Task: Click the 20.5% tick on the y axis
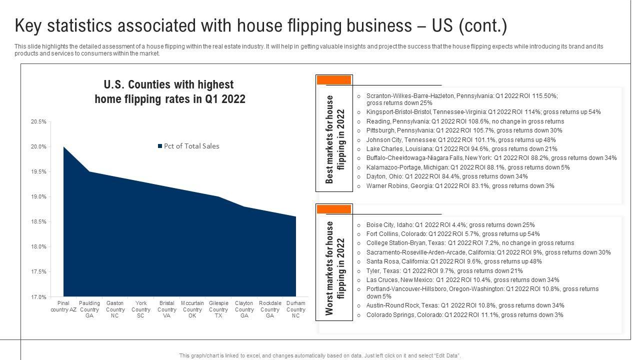point(38,121)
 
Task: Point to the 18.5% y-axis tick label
point(38,221)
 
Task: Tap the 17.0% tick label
point(38,297)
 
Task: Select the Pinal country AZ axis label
point(63,306)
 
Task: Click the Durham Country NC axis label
point(296,309)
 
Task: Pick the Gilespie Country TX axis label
point(218,309)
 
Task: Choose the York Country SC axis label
point(141,309)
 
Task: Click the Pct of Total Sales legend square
point(160,146)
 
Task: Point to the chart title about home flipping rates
point(169,91)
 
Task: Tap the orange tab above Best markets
point(334,80)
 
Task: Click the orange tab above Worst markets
point(334,209)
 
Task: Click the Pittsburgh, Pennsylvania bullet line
point(457,130)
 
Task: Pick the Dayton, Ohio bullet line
point(446,176)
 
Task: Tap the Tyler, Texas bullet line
point(444,271)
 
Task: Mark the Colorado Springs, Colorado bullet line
point(464,315)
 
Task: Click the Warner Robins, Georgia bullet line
point(460,186)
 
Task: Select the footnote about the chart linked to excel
point(320,355)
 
